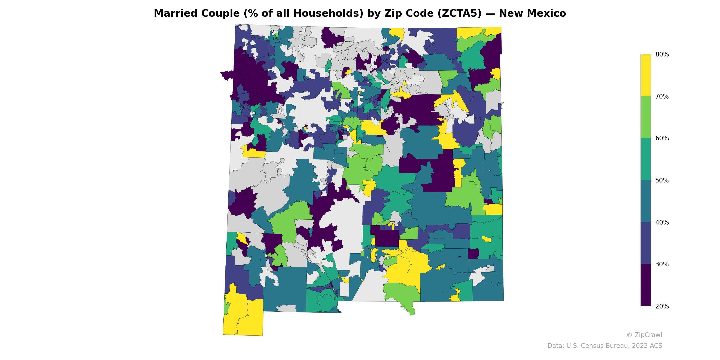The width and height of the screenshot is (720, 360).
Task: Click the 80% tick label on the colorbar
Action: (x=662, y=54)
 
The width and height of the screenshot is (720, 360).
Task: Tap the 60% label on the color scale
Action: (x=662, y=138)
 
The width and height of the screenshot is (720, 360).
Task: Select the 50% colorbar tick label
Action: (x=662, y=180)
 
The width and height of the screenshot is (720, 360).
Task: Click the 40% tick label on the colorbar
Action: (x=662, y=223)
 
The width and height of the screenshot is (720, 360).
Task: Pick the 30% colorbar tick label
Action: (x=662, y=264)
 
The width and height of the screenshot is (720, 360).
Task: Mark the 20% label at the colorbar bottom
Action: (x=662, y=306)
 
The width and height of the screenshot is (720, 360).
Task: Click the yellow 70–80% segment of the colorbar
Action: (x=646, y=75)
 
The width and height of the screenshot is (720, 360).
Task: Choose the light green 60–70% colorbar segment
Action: (x=646, y=117)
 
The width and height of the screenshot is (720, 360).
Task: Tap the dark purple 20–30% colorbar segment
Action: (x=646, y=285)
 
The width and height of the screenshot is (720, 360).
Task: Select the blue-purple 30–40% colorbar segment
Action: (x=646, y=243)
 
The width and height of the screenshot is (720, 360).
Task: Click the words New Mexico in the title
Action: (x=532, y=13)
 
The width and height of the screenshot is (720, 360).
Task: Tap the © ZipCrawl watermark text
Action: (x=644, y=335)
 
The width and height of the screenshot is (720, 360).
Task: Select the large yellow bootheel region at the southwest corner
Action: (x=243, y=316)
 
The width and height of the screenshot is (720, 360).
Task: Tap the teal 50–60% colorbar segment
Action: (x=646, y=159)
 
